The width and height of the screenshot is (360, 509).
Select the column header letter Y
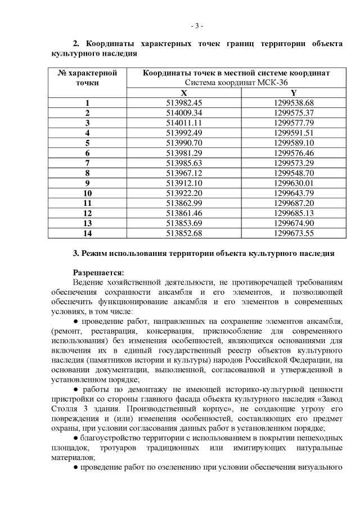pyautogui.click(x=294, y=92)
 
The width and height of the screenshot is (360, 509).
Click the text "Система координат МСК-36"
pyautogui.click(x=236, y=83)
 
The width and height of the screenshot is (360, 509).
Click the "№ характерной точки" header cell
pyautogui.click(x=87, y=78)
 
